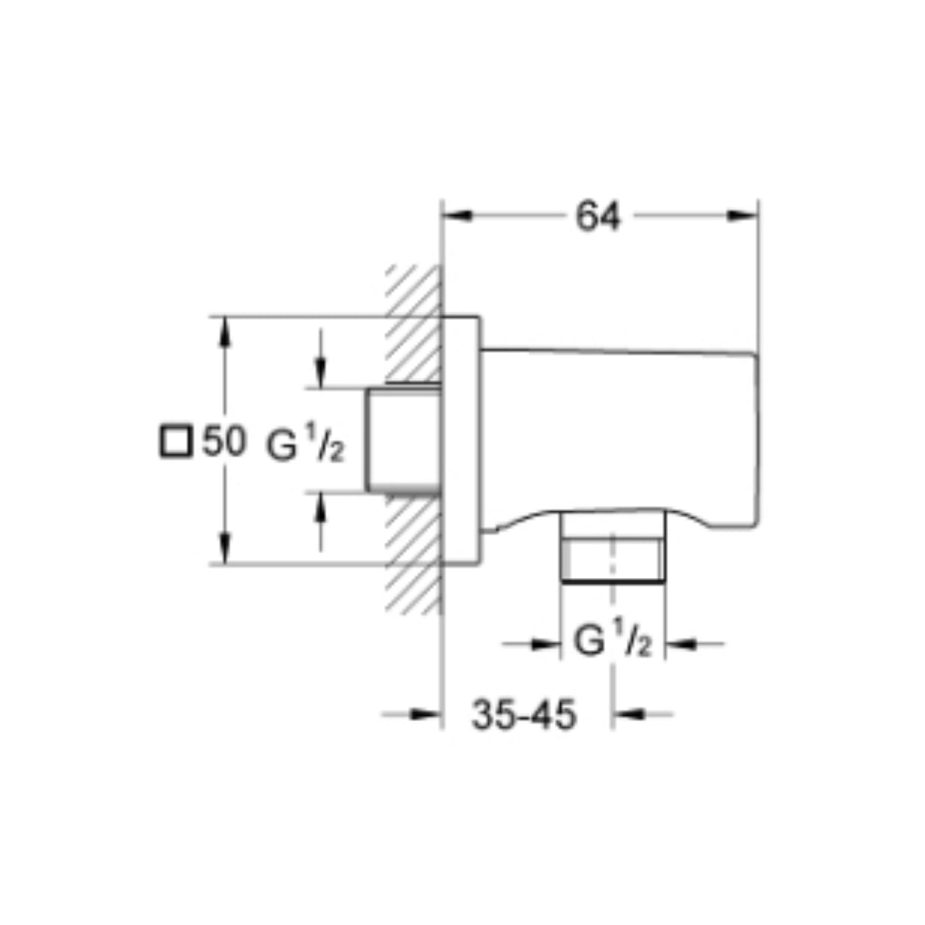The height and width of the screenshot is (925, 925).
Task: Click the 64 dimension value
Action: (597, 218)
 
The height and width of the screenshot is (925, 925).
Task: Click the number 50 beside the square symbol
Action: (224, 444)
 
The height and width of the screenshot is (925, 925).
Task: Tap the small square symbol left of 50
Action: (176, 443)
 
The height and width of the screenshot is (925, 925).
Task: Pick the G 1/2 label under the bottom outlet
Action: (612, 642)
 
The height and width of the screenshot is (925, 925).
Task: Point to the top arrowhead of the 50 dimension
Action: (224, 331)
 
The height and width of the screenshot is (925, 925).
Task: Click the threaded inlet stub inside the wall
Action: (403, 441)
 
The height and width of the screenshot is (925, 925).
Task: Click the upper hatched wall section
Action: (414, 325)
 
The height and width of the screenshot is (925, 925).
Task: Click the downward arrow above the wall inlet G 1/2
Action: (319, 372)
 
